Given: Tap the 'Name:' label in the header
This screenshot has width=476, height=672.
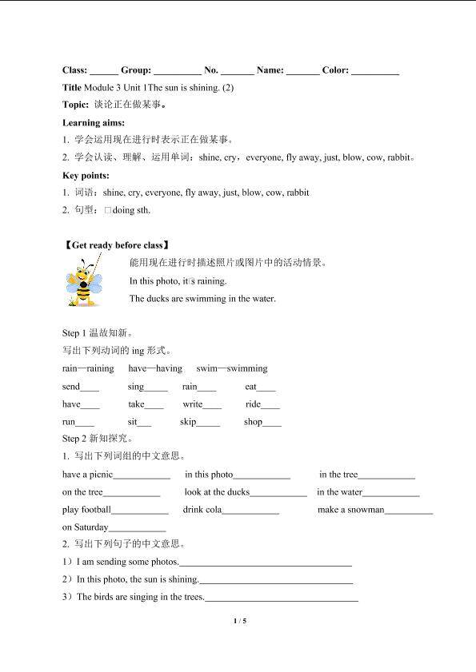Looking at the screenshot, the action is point(270,70).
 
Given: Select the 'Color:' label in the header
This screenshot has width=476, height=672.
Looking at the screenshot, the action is point(335,70).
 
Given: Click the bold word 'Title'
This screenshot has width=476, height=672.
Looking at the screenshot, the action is point(71,87).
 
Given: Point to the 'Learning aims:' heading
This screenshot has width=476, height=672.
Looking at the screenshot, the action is point(94,122).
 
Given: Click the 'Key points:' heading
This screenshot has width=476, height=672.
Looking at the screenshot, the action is point(86,175).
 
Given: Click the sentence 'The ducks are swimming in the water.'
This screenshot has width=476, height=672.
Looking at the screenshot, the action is point(202,299).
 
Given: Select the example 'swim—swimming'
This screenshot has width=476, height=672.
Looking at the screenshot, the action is point(232,368).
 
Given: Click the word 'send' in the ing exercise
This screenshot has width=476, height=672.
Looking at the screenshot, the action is point(71,387).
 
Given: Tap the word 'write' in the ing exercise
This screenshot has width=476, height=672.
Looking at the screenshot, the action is point(192,404).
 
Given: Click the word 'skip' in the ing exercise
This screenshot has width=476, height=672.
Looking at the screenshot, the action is point(188,422).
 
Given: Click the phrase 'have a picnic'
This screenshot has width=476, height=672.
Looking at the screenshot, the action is point(88,475).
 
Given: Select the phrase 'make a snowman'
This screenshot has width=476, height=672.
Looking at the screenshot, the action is point(350,510).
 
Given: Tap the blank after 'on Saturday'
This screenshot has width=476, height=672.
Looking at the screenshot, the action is point(137,528).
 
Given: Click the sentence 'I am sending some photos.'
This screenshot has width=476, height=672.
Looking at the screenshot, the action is point(128,562).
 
